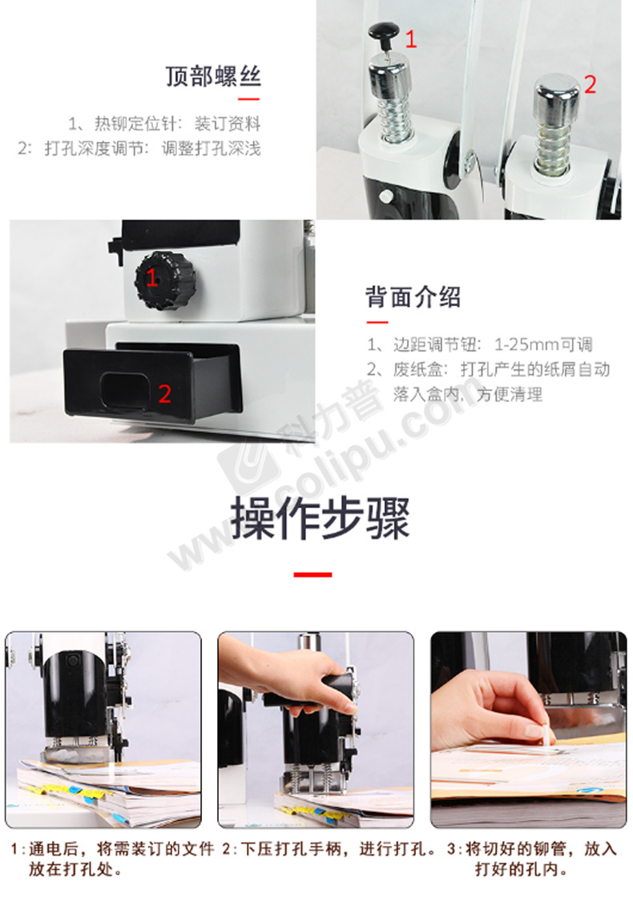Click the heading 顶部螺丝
[x=213, y=76]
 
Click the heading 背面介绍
[x=413, y=296]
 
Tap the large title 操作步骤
[x=321, y=518]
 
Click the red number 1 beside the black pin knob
[x=411, y=39]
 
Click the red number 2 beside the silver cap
[x=590, y=84]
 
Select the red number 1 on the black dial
[x=152, y=278]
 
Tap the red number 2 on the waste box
[x=165, y=394]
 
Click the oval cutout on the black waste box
[x=125, y=391]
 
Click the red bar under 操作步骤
[x=312, y=574]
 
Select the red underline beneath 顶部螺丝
[x=249, y=99]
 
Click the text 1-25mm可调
[x=543, y=345]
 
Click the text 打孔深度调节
[x=95, y=148]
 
